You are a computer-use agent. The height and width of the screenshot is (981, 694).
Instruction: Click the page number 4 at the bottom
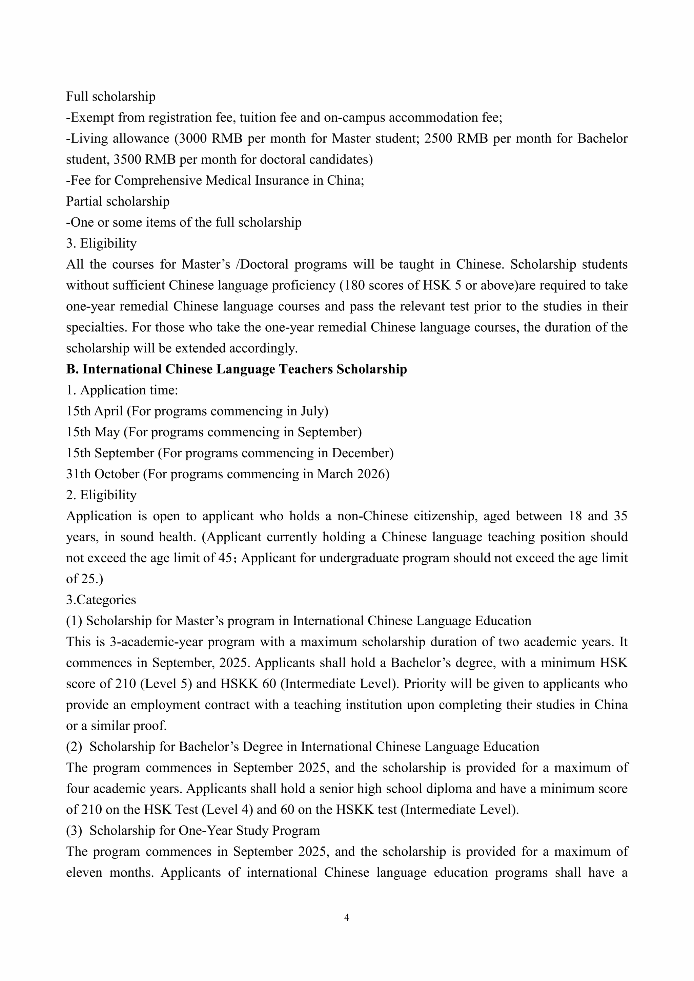click(347, 917)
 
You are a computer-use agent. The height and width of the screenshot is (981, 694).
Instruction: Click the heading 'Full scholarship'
click(111, 97)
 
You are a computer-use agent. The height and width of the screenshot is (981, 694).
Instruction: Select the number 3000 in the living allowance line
click(192, 139)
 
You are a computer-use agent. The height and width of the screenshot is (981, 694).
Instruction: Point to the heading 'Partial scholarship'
click(118, 201)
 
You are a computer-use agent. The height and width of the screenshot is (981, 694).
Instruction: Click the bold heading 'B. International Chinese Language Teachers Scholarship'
click(236, 369)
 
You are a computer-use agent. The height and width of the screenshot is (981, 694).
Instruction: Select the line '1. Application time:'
click(122, 390)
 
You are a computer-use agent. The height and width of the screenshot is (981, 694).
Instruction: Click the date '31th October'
click(103, 474)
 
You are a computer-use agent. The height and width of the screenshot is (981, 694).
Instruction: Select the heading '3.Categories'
click(101, 600)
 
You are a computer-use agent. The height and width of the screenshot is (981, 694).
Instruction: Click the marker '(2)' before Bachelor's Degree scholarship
click(74, 747)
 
